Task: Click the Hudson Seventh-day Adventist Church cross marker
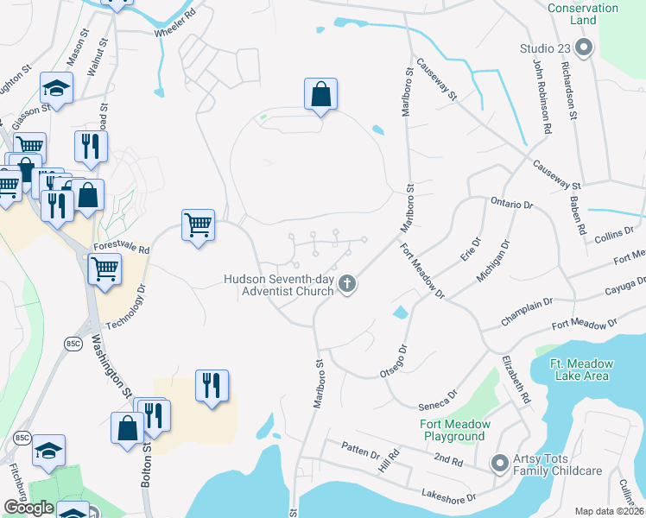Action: point(347,283)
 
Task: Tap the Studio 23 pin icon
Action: point(583,47)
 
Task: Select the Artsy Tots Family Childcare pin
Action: point(499,464)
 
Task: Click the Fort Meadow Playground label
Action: point(455,430)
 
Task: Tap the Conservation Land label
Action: point(584,14)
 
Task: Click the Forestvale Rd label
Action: point(122,248)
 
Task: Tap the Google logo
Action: point(28,508)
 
